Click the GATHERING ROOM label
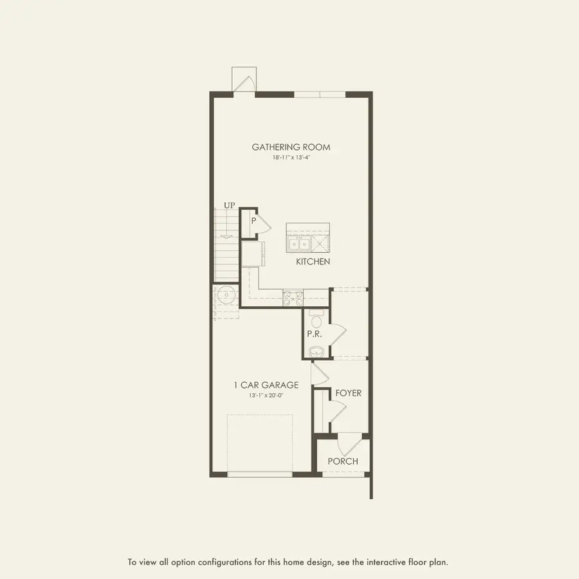point(291,147)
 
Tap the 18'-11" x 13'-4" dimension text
point(291,158)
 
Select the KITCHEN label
point(313,262)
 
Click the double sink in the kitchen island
point(299,244)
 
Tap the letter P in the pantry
point(254,221)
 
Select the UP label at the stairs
point(230,205)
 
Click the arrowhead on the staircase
point(226,237)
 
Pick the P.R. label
point(314,335)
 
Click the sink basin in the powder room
point(316,351)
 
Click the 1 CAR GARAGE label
point(266,385)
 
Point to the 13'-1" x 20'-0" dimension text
point(266,396)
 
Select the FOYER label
point(348,392)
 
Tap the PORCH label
point(342,461)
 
